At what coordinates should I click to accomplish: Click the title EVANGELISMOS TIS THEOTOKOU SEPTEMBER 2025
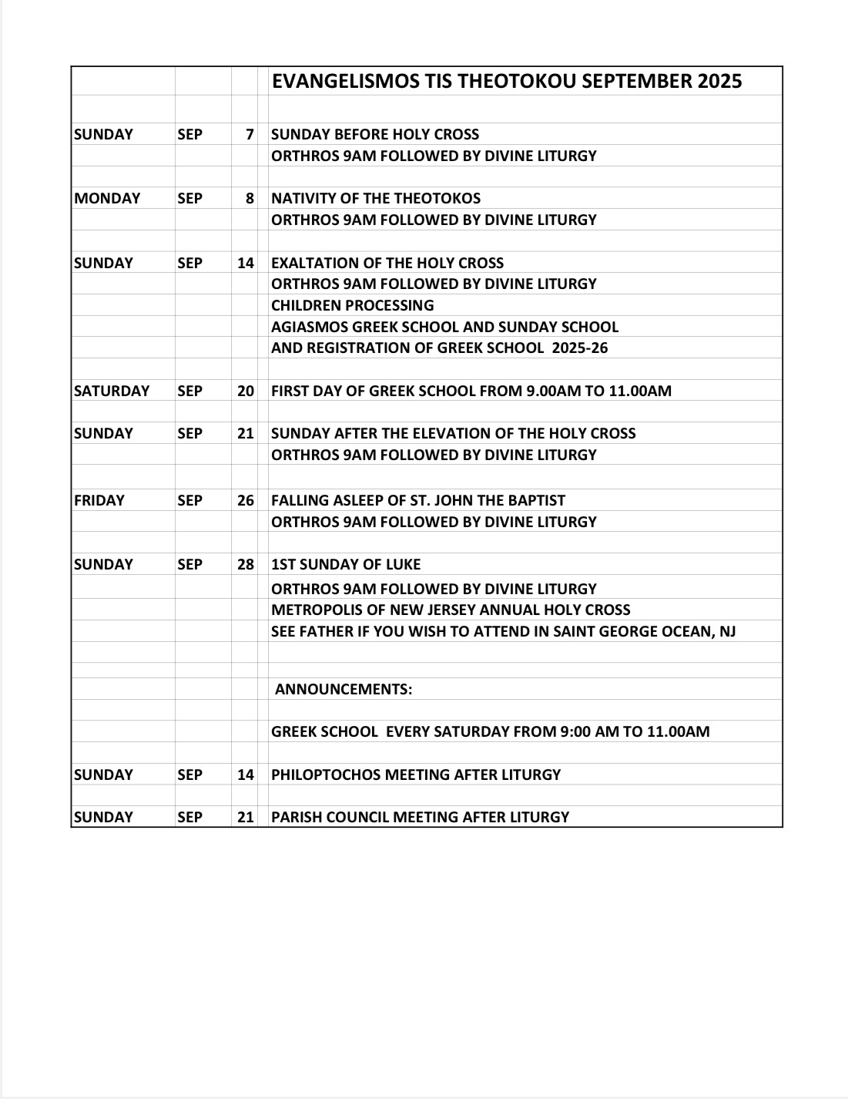pyautogui.click(x=506, y=82)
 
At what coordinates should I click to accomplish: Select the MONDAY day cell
pyautogui.click(x=107, y=199)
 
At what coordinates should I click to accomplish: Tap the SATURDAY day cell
pyautogui.click(x=112, y=392)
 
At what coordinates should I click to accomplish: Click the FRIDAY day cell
pyautogui.click(x=99, y=501)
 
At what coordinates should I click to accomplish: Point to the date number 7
pyautogui.click(x=250, y=135)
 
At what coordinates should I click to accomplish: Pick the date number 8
pyautogui.click(x=250, y=199)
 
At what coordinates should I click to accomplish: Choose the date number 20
pyautogui.click(x=246, y=392)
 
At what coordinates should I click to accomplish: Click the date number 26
pyautogui.click(x=246, y=501)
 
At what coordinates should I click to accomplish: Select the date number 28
pyautogui.click(x=246, y=565)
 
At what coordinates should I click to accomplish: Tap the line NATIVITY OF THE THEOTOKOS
pyautogui.click(x=376, y=199)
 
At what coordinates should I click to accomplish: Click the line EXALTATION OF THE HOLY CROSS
pyautogui.click(x=387, y=264)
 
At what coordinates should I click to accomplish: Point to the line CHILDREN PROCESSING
pyautogui.click(x=353, y=306)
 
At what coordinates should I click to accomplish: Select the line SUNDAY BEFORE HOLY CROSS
pyautogui.click(x=375, y=135)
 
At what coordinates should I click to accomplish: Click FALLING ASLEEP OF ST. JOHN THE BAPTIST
pyautogui.click(x=418, y=501)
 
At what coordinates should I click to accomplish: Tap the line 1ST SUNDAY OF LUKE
pyautogui.click(x=346, y=565)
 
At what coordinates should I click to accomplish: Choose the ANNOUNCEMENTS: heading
pyautogui.click(x=344, y=690)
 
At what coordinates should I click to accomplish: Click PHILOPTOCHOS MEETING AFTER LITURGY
pyautogui.click(x=416, y=775)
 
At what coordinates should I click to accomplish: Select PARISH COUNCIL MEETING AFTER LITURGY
pyautogui.click(x=420, y=818)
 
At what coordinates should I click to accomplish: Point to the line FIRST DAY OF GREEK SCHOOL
pyautogui.click(x=471, y=392)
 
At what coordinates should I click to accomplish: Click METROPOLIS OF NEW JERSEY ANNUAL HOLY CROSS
pyautogui.click(x=451, y=610)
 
